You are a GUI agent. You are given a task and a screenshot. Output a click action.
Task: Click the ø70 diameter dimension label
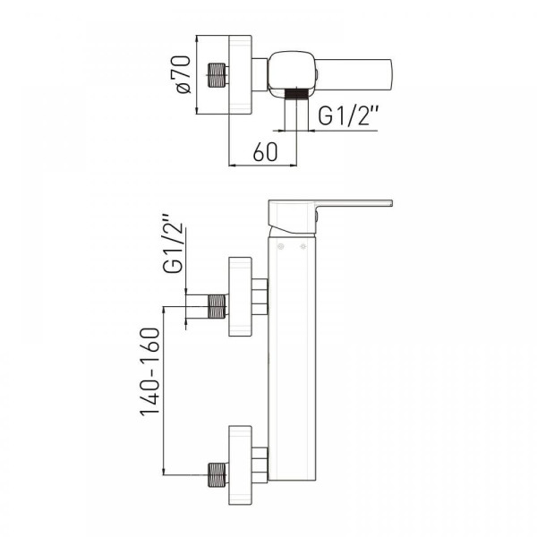[x=183, y=74]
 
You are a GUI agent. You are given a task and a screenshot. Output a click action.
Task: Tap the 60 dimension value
[x=265, y=152]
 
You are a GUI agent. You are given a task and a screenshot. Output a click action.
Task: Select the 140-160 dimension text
[x=150, y=371]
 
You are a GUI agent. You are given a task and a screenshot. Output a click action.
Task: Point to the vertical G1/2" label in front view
[x=173, y=243]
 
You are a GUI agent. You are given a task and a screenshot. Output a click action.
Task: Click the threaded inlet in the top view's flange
[x=217, y=74]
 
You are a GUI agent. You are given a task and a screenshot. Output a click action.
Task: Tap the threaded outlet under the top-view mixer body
[x=296, y=93]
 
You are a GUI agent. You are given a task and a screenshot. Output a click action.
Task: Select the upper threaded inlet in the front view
[x=217, y=306]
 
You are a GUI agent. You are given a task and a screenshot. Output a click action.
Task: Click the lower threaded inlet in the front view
[x=217, y=474]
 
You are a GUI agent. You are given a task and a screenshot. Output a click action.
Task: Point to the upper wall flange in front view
[x=240, y=296]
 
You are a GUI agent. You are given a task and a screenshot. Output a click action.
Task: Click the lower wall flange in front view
[x=240, y=465]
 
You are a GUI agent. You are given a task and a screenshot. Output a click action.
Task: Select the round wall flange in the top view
[x=240, y=74]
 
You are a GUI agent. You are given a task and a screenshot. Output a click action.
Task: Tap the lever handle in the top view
[x=354, y=74]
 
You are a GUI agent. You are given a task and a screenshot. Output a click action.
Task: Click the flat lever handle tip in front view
[x=356, y=203]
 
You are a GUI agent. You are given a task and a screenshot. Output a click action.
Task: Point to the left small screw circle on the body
[x=281, y=246]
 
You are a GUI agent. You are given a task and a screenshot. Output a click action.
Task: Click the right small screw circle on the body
[x=303, y=246]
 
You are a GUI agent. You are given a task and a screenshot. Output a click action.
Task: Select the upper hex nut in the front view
[x=260, y=296]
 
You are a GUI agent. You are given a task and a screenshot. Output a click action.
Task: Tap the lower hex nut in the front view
[x=260, y=465]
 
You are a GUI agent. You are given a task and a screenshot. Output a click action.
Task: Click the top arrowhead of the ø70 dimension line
[x=197, y=38]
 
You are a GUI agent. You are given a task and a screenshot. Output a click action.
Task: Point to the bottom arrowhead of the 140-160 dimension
[x=164, y=471]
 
